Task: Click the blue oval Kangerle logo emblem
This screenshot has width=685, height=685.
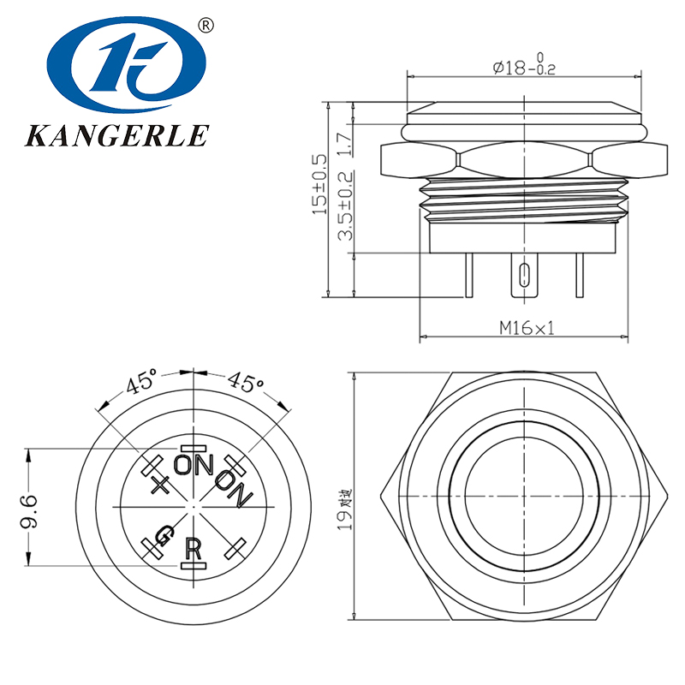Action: (x=128, y=68)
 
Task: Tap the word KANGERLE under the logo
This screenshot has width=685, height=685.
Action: (x=117, y=135)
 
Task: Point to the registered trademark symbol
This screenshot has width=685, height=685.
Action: (x=205, y=25)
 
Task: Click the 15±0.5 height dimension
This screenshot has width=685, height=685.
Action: (x=319, y=184)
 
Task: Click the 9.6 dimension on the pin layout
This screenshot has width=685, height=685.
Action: (x=29, y=511)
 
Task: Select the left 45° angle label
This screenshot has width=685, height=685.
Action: (x=141, y=383)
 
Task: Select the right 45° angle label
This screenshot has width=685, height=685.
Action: (x=246, y=383)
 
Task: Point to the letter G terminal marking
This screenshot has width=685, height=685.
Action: (x=163, y=537)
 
